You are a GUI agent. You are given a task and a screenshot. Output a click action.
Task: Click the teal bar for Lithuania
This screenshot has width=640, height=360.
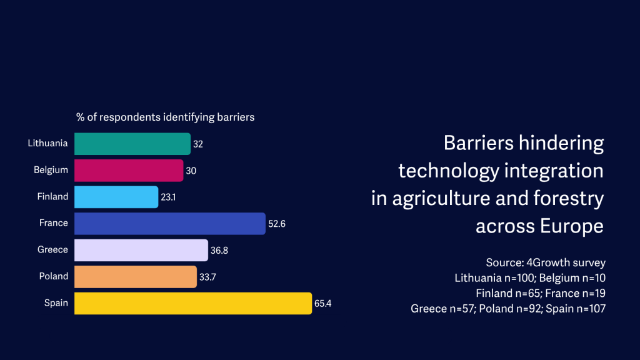(x=132, y=144)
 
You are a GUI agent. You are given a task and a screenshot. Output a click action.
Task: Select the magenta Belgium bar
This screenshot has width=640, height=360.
(x=129, y=170)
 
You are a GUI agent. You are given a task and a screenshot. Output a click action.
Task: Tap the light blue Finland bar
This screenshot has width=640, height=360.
(x=116, y=197)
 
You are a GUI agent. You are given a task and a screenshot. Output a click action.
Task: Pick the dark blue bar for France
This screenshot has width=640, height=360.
(x=169, y=223)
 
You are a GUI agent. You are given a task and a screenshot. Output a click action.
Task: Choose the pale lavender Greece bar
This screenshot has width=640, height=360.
(x=141, y=250)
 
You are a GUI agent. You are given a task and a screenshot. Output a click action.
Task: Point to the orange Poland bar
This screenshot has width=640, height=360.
(x=135, y=276)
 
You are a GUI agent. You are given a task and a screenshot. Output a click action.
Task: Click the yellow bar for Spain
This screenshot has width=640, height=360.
(x=192, y=303)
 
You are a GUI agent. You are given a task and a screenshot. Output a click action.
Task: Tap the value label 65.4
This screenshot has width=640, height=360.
(x=322, y=303)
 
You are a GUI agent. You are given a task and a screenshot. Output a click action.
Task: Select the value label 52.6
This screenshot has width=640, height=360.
(x=276, y=223)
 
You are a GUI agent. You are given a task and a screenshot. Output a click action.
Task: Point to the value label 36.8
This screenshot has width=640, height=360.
(x=219, y=250)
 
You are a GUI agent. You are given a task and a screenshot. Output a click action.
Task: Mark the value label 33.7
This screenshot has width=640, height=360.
(x=207, y=276)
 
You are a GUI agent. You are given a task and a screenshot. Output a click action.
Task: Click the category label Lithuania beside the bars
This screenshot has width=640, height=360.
(x=47, y=143)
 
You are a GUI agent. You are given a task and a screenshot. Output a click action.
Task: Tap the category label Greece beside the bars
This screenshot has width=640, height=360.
(x=52, y=249)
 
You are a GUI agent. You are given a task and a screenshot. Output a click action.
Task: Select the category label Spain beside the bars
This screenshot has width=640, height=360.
(x=56, y=302)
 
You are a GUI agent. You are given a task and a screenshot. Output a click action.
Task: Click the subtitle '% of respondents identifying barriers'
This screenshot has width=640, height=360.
(x=165, y=117)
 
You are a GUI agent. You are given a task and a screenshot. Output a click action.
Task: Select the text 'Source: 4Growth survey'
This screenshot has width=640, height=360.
(x=546, y=262)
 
